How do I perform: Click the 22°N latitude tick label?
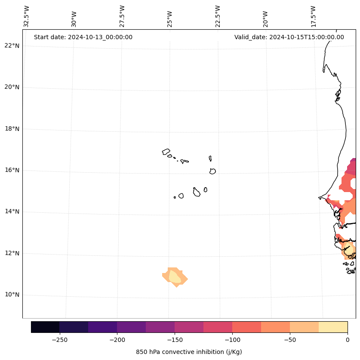12,46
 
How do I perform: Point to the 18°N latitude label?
12,129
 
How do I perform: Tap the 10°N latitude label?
12,295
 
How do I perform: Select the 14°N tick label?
12,212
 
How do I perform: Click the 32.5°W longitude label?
27,16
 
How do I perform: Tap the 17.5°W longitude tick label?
313,16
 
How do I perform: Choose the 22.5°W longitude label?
218,16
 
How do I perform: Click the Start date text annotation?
83,37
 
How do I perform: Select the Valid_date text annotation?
289,37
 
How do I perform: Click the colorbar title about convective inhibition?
189,352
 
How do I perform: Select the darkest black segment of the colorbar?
45,327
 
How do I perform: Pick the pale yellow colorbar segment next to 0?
333,327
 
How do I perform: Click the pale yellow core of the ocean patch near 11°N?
175,276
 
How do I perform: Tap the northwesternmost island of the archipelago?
166,152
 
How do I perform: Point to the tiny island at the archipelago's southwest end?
175,197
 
